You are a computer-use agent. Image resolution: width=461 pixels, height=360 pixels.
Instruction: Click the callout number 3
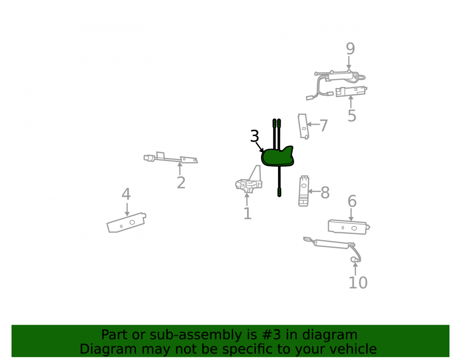(x=254, y=136)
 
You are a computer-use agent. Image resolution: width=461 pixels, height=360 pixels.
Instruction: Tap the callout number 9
(x=350, y=48)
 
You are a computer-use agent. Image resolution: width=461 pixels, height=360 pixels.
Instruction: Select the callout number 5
(x=352, y=116)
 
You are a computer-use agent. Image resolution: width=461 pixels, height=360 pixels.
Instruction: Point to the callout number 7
(x=324, y=125)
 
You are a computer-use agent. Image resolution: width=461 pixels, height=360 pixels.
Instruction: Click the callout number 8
(x=325, y=193)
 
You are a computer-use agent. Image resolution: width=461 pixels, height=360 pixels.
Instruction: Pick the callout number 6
(x=352, y=201)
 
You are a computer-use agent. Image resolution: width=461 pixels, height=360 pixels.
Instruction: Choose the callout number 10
(x=358, y=283)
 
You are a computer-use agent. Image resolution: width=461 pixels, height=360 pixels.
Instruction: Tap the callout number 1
(x=248, y=213)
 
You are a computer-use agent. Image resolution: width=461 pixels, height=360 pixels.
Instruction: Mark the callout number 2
(x=181, y=183)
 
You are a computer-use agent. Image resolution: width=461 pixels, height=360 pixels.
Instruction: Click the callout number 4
(x=126, y=194)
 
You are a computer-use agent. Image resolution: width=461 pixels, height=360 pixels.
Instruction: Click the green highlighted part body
(x=277, y=157)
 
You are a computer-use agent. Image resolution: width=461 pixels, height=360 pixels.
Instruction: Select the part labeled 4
(x=126, y=223)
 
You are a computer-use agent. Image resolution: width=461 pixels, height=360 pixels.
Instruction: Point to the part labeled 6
(x=349, y=227)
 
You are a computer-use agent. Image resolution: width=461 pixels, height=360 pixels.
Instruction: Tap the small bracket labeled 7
(x=303, y=126)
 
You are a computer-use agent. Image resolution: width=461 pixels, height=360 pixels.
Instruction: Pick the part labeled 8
(x=304, y=191)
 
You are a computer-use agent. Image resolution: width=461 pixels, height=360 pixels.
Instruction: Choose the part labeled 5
(x=351, y=91)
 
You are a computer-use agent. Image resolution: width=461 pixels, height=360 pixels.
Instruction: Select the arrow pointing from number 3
(x=260, y=147)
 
